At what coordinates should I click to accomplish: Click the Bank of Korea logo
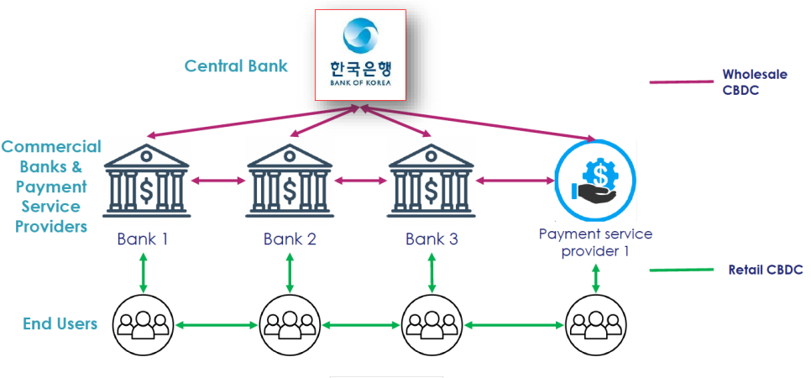pyautogui.click(x=360, y=52)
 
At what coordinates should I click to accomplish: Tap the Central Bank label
pyautogui.click(x=236, y=66)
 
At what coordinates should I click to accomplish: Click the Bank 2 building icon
pyautogui.click(x=290, y=182)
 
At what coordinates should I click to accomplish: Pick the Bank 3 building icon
pyautogui.click(x=432, y=182)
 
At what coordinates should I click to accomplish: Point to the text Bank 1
pyautogui.click(x=143, y=239)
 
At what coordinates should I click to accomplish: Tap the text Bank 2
pyautogui.click(x=290, y=239)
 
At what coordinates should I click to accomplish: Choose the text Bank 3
pyautogui.click(x=432, y=239)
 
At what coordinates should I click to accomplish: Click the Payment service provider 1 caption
pyautogui.click(x=595, y=242)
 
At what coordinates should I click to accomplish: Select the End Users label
pyautogui.click(x=60, y=323)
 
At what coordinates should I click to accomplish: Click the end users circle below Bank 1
pyautogui.click(x=144, y=323)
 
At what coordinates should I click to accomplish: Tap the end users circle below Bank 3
pyautogui.click(x=432, y=323)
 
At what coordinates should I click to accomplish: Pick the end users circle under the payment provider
pyautogui.click(x=595, y=323)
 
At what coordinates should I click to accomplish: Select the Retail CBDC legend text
pyautogui.click(x=765, y=270)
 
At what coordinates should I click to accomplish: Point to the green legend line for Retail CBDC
pyautogui.click(x=681, y=270)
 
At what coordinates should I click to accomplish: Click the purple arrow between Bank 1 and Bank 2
pyautogui.click(x=218, y=180)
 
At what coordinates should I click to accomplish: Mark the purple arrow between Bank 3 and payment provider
pyautogui.click(x=512, y=180)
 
